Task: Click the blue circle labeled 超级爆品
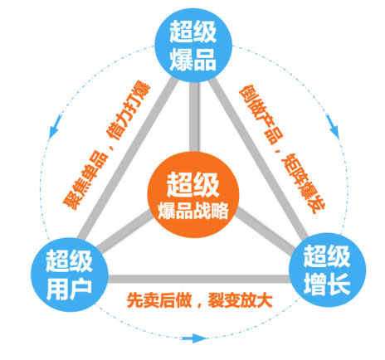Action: click(x=193, y=44)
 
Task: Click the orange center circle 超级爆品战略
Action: click(x=193, y=195)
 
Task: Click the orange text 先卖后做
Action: click(x=159, y=300)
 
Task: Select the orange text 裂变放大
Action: click(x=241, y=300)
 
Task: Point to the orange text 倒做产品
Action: click(x=261, y=114)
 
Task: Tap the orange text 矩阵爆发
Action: click(x=303, y=183)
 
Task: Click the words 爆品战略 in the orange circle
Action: click(x=193, y=211)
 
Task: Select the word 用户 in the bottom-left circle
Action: click(x=69, y=289)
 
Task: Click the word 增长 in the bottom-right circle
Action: click(x=327, y=285)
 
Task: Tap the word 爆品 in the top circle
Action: click(x=192, y=60)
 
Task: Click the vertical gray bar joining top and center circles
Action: click(x=194, y=117)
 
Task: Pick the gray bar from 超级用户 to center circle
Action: click(x=124, y=231)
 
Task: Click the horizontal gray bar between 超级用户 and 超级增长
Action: click(x=198, y=279)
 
